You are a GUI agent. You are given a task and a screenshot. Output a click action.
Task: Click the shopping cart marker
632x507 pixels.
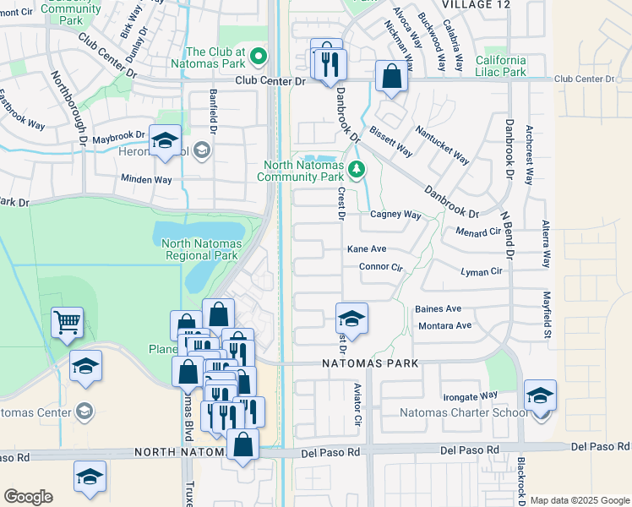point(67,322)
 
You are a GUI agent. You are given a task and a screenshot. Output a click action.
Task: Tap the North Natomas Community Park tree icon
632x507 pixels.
point(357,171)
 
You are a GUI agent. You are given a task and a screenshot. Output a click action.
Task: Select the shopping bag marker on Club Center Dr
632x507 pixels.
point(392,77)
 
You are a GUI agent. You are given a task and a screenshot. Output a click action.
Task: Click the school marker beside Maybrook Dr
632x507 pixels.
point(165,140)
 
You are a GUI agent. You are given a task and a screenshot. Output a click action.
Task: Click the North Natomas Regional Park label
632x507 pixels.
point(201,249)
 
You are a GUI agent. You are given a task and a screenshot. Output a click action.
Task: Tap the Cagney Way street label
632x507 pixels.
point(395,215)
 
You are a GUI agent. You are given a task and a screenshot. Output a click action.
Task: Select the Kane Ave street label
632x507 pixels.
point(367,249)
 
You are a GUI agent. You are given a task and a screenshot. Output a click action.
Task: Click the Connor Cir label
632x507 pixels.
point(382,267)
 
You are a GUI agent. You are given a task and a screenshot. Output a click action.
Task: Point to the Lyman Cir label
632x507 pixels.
point(482,271)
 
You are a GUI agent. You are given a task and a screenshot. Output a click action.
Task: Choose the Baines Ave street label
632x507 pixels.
point(438,309)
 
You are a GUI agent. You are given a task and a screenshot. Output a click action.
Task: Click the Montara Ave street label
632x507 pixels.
point(444,325)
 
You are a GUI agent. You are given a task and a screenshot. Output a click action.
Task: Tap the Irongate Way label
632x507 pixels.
point(471,395)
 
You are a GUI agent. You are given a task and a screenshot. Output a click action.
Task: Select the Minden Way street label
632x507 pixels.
point(146,180)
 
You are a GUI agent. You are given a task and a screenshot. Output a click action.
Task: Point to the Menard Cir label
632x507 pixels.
point(478,232)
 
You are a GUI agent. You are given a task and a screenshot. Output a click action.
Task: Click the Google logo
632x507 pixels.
point(28,497)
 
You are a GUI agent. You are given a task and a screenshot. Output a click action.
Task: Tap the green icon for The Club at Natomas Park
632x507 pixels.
point(260,57)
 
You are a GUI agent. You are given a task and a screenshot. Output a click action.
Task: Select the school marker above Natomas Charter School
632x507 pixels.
point(540,395)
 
